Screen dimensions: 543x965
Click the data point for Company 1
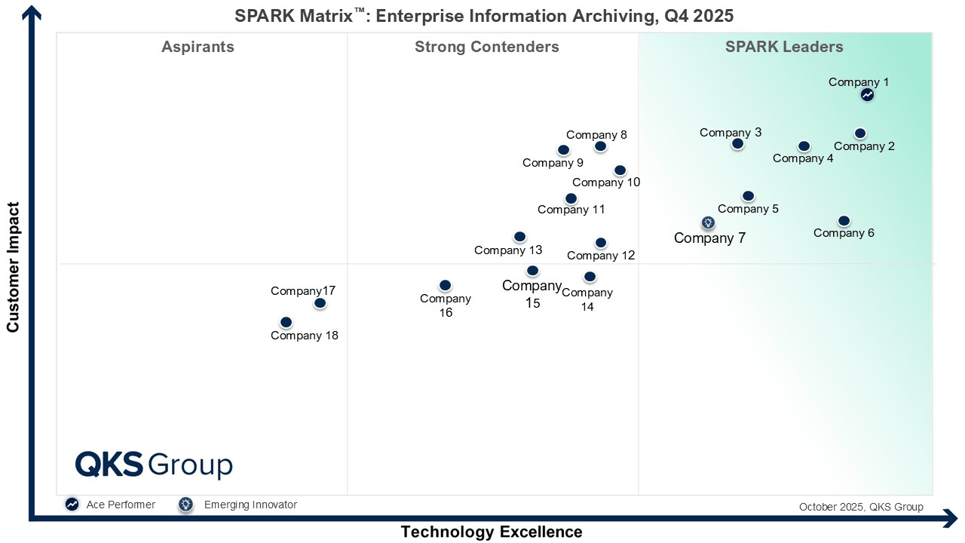click(x=867, y=95)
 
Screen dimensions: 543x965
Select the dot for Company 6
click(x=844, y=221)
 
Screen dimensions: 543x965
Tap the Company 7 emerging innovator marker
click(x=708, y=222)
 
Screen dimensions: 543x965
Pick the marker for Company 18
click(x=286, y=322)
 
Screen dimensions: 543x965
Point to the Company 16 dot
click(x=445, y=285)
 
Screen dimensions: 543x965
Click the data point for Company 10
click(x=620, y=170)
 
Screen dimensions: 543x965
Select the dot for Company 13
click(x=519, y=237)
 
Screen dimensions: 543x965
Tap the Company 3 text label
click(x=730, y=133)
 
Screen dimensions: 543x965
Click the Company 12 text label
click(x=601, y=256)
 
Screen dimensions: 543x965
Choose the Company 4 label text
click(x=803, y=158)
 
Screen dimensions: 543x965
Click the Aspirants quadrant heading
click(x=198, y=47)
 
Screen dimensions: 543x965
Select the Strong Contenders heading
click(x=486, y=47)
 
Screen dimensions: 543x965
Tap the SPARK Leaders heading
click(x=784, y=47)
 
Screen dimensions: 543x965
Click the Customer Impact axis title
click(x=13, y=267)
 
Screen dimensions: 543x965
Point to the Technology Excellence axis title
click(x=491, y=532)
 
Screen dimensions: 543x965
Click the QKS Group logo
click(x=154, y=465)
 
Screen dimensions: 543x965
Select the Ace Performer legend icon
click(x=72, y=505)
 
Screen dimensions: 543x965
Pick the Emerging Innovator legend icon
click(x=185, y=505)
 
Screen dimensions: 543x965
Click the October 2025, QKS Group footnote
click(x=861, y=507)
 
